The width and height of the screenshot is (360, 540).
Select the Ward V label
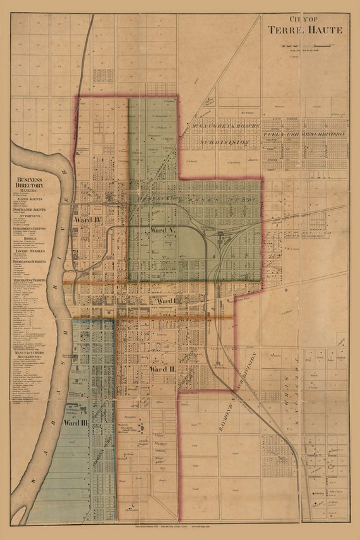pos(162,231)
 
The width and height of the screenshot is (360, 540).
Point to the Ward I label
pos(165,301)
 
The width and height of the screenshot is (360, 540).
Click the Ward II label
pos(162,368)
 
